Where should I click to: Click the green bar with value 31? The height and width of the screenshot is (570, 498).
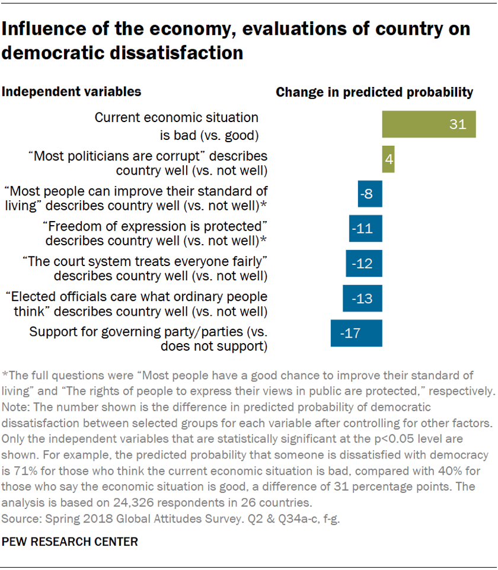point(429,124)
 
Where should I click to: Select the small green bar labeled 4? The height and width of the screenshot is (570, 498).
point(388,159)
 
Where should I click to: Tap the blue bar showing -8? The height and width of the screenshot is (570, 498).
point(370,194)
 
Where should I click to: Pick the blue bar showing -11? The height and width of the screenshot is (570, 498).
point(365,229)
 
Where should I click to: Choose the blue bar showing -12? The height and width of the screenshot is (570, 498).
point(364,263)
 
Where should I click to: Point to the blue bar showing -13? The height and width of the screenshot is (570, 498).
point(362,298)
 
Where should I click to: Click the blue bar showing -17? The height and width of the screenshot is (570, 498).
point(356,333)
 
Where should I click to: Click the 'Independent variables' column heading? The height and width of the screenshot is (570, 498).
point(72,92)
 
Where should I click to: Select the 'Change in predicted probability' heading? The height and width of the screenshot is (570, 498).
point(374,92)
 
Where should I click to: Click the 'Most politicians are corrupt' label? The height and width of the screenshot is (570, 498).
point(148,156)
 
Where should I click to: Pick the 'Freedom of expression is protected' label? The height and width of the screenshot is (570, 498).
point(152,226)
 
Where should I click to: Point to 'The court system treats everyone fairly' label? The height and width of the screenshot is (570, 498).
point(145,261)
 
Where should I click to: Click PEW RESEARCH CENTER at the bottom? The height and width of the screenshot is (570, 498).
point(71,542)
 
